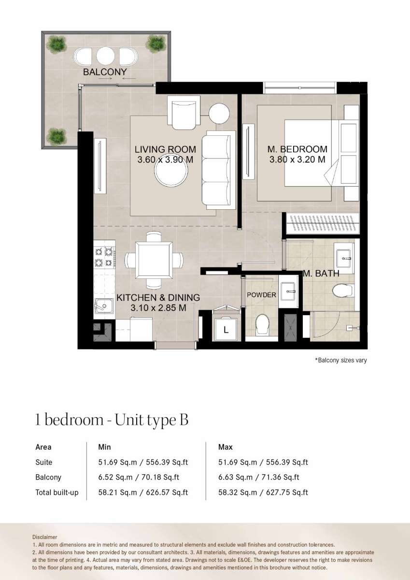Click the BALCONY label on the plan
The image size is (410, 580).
[x=105, y=72]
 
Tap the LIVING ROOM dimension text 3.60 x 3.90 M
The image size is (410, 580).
[x=165, y=159]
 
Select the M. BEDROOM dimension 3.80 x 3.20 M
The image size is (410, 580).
[x=297, y=159]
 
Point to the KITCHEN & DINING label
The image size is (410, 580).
[x=158, y=298]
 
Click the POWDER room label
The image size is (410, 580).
[x=261, y=295]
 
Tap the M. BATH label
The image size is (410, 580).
[x=321, y=274]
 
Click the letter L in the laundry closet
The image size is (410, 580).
[x=226, y=330]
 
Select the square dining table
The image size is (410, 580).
[x=154, y=260]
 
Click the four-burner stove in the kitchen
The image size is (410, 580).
[x=104, y=256]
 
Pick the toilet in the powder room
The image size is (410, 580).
[x=262, y=324]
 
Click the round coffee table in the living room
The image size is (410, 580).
[x=171, y=170]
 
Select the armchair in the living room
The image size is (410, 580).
[x=184, y=113]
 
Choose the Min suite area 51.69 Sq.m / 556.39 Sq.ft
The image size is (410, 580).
[x=143, y=462]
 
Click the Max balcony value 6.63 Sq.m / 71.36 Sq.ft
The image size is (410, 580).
[x=259, y=477]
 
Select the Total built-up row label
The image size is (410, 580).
[x=57, y=493]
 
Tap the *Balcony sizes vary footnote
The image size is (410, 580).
[x=340, y=360]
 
